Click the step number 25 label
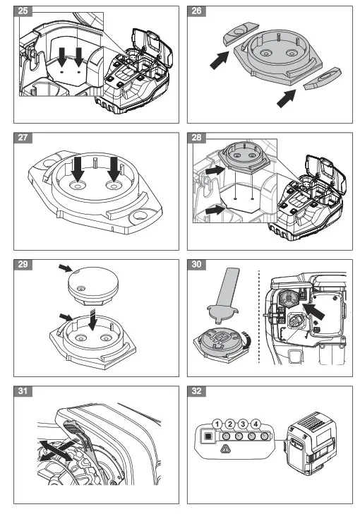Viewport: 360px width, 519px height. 24,12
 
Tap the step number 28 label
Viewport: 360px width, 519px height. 198,138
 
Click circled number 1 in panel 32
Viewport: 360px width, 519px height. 218,424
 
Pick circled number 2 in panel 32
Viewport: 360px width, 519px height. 231,424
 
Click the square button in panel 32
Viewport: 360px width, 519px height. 206,436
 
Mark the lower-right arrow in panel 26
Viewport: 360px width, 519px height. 284,98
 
